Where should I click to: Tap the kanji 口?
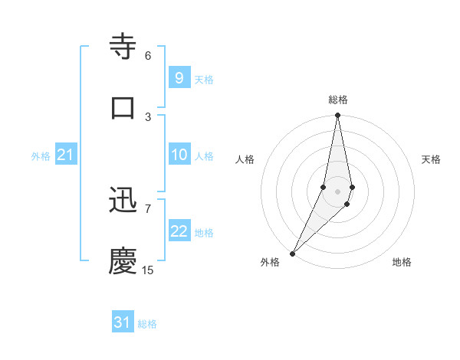[123, 107]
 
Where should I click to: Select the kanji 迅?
[123, 201]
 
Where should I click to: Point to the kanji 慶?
[123, 260]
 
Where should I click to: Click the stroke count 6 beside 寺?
[148, 56]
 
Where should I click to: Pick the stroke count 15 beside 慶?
[148, 270]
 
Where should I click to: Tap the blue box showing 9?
[179, 78]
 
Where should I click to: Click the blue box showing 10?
[179, 155]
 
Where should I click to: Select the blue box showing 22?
[179, 231]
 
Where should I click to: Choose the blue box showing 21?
[65, 155]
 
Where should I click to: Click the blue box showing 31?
[123, 322]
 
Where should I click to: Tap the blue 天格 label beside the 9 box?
[204, 80]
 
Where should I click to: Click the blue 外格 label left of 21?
[41, 156]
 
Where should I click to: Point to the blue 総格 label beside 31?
[147, 324]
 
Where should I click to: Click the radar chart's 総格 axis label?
[338, 100]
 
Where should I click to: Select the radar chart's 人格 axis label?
[245, 159]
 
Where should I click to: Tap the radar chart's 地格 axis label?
[402, 262]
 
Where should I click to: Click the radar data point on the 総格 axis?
[337, 116]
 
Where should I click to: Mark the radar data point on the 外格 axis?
[292, 253]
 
